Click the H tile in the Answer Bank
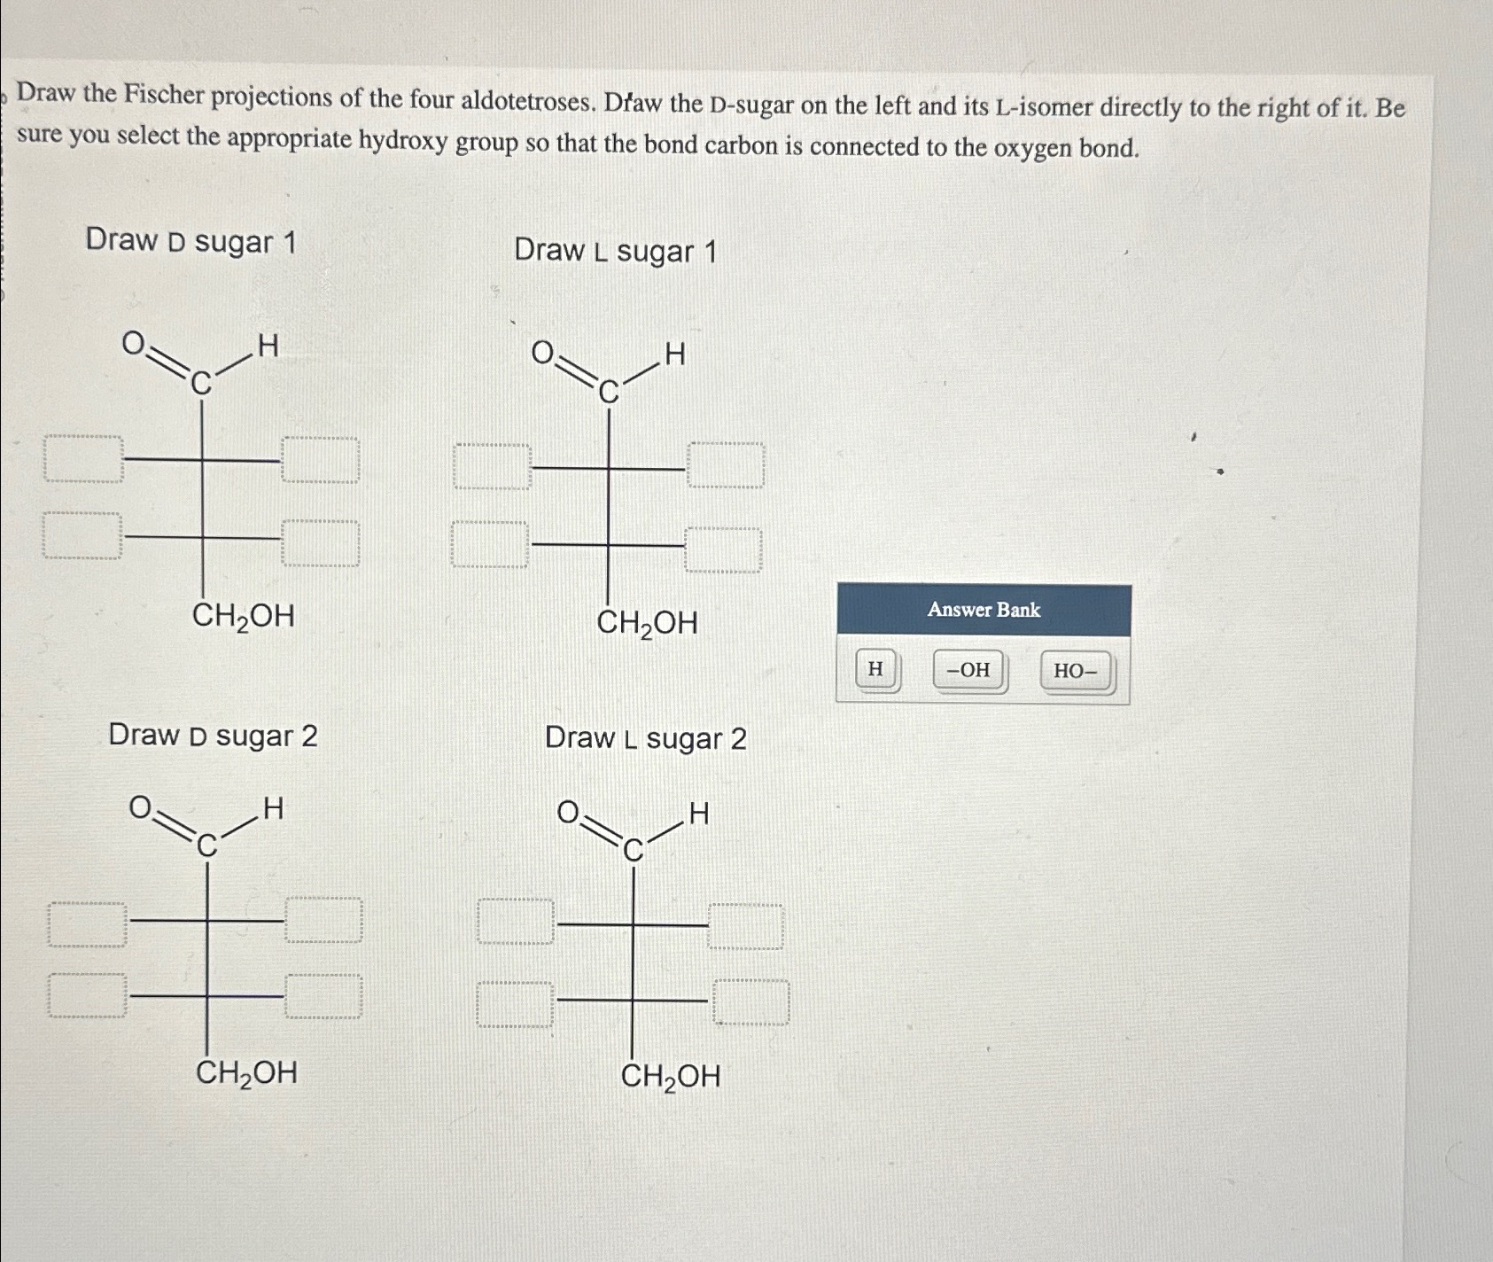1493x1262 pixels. [875, 670]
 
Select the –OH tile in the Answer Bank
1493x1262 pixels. [969, 670]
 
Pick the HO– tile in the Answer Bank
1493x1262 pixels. [1075, 672]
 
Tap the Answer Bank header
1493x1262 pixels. [984, 610]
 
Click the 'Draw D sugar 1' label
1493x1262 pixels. [191, 241]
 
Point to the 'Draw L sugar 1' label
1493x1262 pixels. [615, 252]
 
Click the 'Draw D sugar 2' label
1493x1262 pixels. [213, 736]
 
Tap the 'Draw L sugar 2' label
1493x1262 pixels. [646, 738]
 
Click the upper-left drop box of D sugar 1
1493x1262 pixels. [83, 459]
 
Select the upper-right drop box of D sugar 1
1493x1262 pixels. [321, 459]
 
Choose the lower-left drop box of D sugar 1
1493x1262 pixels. [82, 536]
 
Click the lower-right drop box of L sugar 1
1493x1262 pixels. [723, 549]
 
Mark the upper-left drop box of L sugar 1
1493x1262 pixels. [492, 467]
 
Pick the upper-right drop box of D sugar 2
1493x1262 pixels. [324, 920]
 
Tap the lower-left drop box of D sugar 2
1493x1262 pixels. [87, 995]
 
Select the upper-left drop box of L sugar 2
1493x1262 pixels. [517, 922]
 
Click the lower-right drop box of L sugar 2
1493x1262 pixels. [751, 1001]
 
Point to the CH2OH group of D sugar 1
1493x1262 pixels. [244, 615]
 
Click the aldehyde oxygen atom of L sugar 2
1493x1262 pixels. [568, 812]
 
